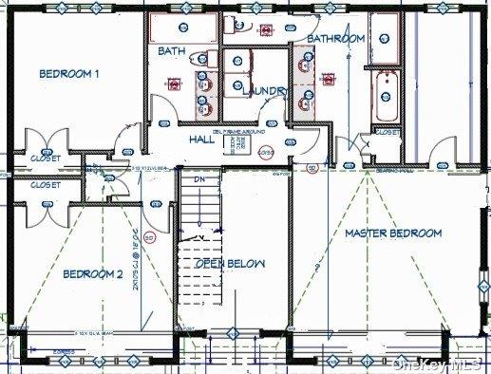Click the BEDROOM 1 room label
69,73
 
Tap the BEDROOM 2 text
93,274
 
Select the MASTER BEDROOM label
393,233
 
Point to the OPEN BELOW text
230,263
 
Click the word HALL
200,140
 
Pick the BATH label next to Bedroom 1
172,51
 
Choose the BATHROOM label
330,39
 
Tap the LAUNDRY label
264,90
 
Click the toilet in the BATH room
202,59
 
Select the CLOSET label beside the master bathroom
387,133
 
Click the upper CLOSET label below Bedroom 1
45,159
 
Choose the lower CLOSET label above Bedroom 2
45,185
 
